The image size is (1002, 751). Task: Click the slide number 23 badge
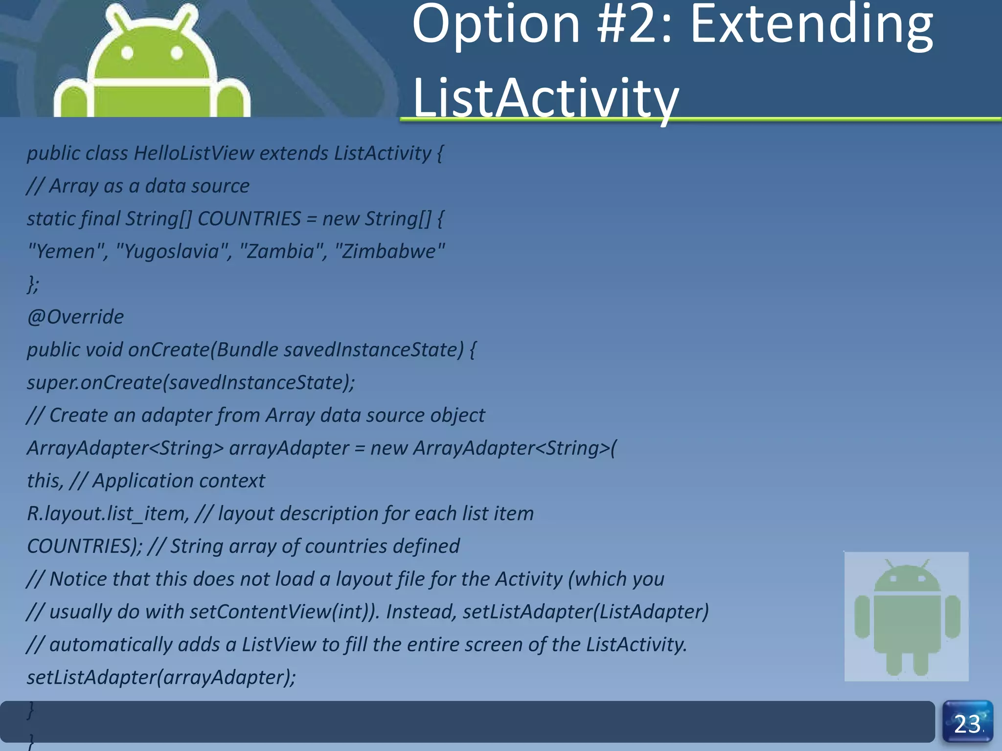click(x=967, y=723)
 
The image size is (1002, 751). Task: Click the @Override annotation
click(x=75, y=317)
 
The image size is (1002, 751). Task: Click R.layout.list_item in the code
click(x=107, y=514)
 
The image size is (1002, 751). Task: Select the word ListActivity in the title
click(x=546, y=98)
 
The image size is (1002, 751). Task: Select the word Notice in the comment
click(x=78, y=579)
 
